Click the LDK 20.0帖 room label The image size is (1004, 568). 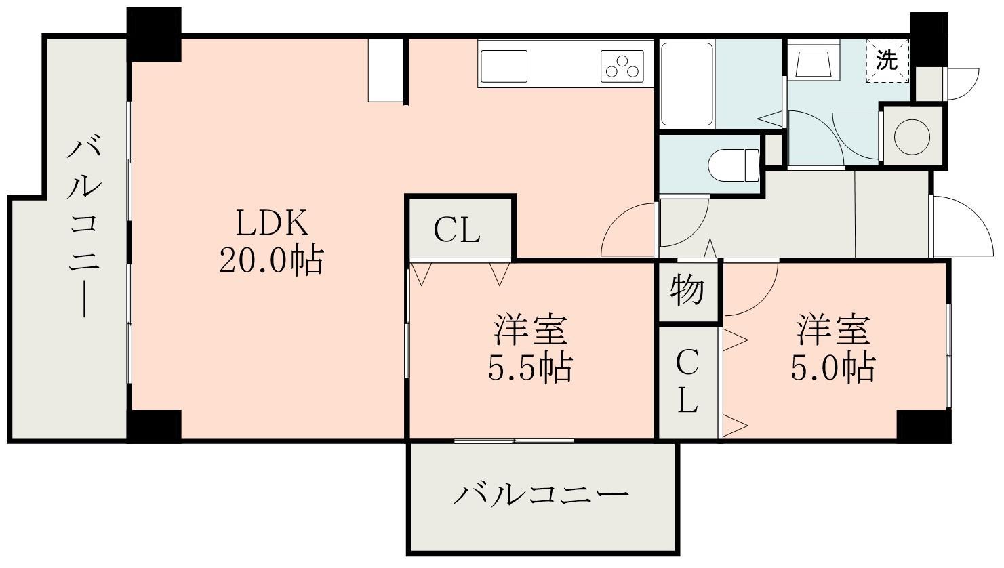[x=270, y=241]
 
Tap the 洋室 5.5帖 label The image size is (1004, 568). [x=530, y=348]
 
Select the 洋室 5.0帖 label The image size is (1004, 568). [x=832, y=348]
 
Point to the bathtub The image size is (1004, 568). [x=687, y=84]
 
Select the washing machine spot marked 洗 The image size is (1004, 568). [x=887, y=61]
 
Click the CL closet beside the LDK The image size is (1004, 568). [x=458, y=230]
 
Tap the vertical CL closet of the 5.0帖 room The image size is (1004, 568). [x=687, y=382]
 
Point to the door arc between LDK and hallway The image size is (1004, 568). [x=627, y=230]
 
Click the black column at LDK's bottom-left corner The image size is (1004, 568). [x=155, y=426]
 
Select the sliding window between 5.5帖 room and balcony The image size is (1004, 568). [x=514, y=441]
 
